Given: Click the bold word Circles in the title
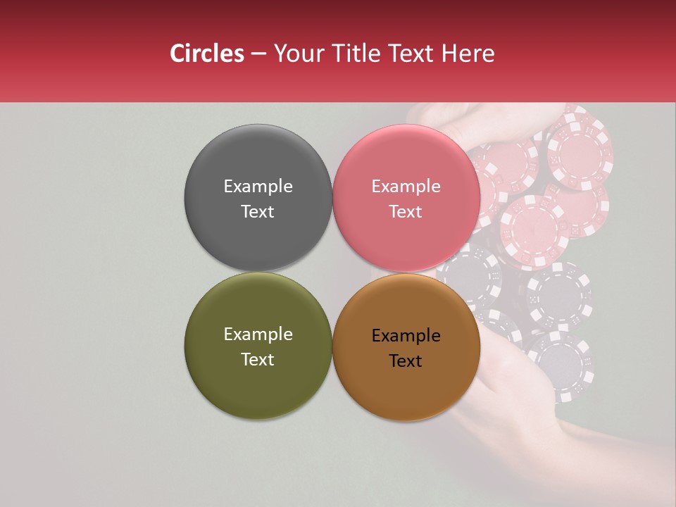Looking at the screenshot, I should coord(206,54).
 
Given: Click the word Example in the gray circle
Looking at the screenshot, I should coord(258,187).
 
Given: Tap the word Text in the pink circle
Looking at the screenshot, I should coord(406,211).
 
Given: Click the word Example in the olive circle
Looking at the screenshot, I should coord(258,334).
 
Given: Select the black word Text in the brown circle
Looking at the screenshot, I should coord(406,361).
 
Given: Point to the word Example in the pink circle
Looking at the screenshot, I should coord(406,187).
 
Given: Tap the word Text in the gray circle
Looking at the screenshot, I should coord(258,211).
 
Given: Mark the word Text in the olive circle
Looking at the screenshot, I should coord(258,359).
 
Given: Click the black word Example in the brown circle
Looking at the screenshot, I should coord(406,336).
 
